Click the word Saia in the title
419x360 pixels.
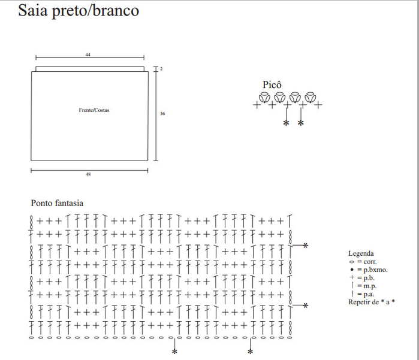click(32, 10)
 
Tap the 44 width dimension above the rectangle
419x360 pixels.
click(88, 55)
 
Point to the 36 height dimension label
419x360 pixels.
click(162, 113)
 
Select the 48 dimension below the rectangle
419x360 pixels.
click(89, 175)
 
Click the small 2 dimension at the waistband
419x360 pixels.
click(162, 69)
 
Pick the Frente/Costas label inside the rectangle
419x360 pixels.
click(94, 110)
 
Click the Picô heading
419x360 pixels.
click(272, 84)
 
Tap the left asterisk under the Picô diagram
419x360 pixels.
click(286, 123)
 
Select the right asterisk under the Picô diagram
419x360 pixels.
click(301, 123)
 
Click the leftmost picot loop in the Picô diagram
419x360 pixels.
click(264, 97)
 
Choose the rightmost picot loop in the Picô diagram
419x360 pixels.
click(310, 97)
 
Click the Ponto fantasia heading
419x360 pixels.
click(57, 203)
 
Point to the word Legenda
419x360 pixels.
click(361, 253)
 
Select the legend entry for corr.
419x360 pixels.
click(363, 262)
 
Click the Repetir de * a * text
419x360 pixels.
click(372, 302)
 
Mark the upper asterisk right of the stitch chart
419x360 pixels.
click(305, 246)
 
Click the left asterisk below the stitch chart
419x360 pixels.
click(174, 351)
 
